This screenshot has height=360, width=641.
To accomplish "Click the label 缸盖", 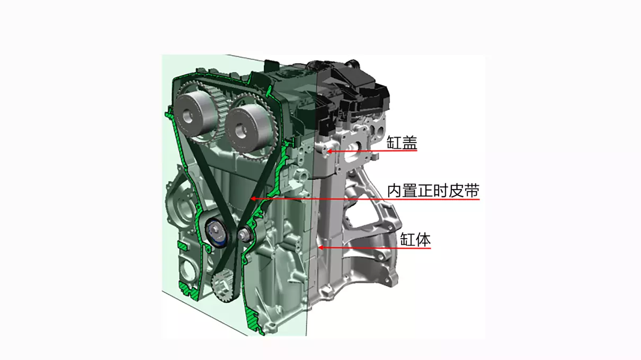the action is click(x=402, y=142).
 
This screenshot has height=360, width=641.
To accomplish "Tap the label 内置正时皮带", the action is click(x=433, y=191).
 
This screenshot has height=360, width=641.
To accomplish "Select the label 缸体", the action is click(x=415, y=240).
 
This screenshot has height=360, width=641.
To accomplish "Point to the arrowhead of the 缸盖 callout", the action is click(x=330, y=151).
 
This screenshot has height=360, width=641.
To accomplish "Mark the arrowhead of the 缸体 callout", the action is click(x=321, y=247).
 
